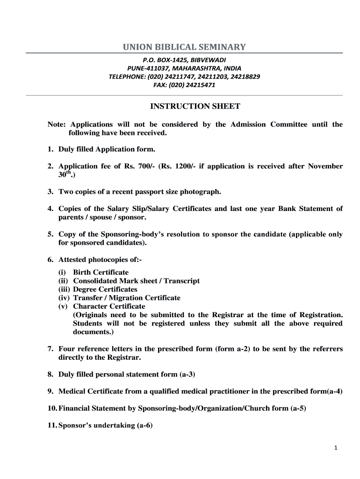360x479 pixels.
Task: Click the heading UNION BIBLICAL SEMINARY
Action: [184, 47]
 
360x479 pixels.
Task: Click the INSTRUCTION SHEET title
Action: [195, 106]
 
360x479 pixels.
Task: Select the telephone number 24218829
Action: [245, 76]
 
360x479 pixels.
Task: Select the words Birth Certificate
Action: [101, 272]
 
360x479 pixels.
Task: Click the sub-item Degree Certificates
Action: [105, 289]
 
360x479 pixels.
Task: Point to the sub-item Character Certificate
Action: [109, 306]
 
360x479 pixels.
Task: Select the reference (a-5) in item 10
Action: [298, 408]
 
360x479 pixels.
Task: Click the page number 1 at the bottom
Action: [336, 448]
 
